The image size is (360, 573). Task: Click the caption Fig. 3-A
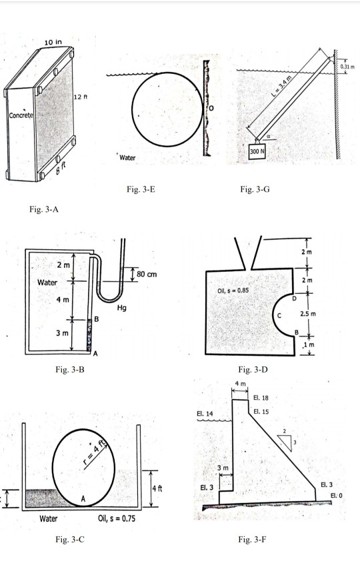tap(45, 211)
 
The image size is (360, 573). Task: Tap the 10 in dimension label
tap(53, 43)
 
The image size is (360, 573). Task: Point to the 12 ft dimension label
tap(81, 99)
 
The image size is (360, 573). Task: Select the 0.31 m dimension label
tap(348, 67)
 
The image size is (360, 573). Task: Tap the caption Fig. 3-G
tap(255, 189)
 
